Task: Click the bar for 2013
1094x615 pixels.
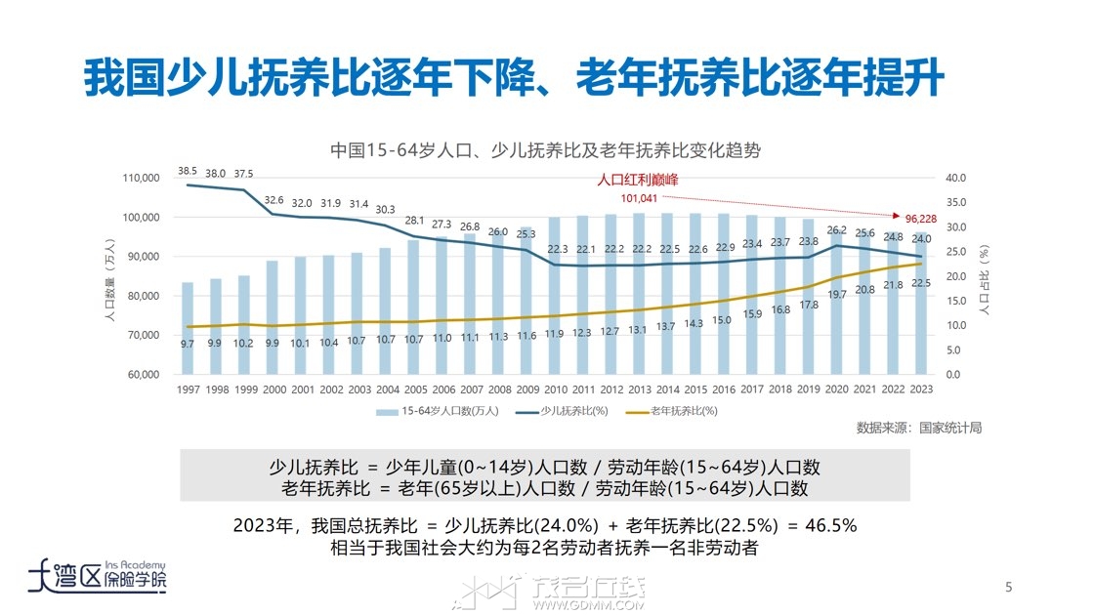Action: point(639,293)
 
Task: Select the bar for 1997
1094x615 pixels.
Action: point(188,328)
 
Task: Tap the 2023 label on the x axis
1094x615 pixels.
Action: point(920,389)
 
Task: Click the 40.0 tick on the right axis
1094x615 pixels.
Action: point(957,178)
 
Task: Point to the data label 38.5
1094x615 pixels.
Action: point(188,172)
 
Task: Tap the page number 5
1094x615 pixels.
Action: point(1009,587)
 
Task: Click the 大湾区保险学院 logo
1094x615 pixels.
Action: point(98,576)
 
